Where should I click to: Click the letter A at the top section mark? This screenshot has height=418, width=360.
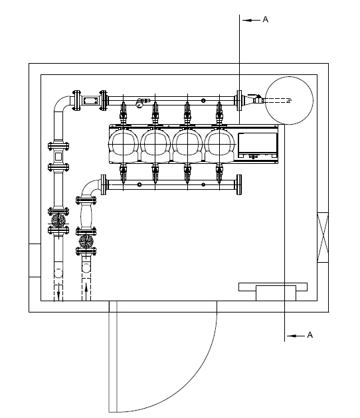(265, 19)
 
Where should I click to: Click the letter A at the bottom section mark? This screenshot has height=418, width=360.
(310, 335)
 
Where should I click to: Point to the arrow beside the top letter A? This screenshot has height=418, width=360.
(251, 20)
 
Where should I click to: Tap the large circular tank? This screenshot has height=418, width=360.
(290, 100)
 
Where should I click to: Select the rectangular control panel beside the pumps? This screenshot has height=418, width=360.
(258, 145)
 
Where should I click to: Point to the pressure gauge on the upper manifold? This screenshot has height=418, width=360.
(139, 104)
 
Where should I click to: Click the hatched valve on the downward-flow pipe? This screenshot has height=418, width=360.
(58, 220)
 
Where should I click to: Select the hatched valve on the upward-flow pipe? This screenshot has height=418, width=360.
(86, 242)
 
